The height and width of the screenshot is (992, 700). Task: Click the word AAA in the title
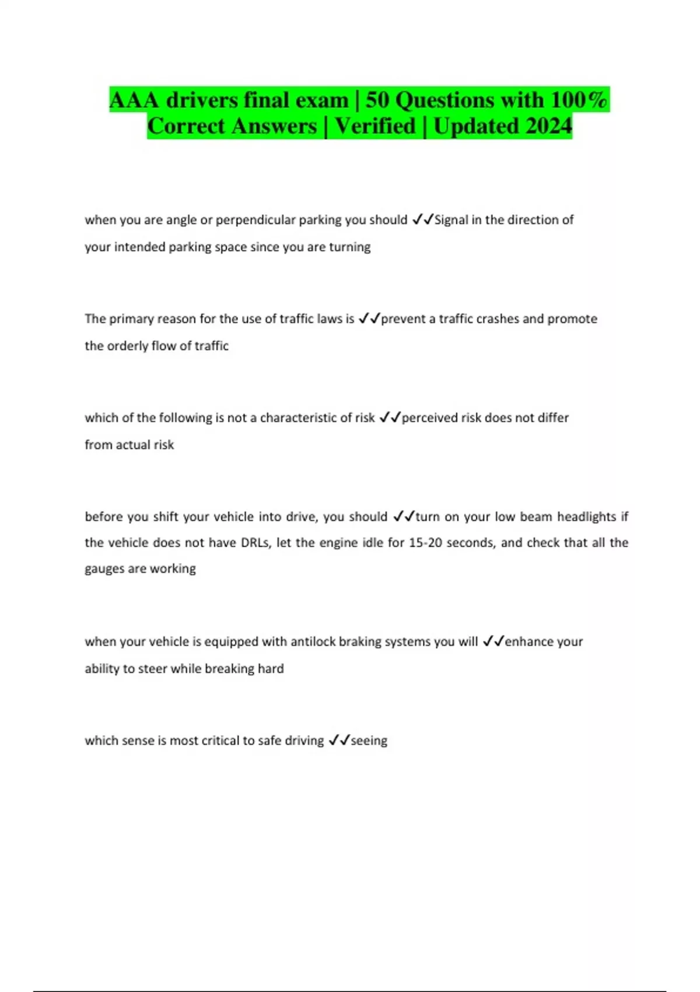click(134, 100)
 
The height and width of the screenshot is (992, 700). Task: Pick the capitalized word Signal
click(451, 220)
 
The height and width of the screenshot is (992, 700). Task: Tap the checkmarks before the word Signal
click(422, 220)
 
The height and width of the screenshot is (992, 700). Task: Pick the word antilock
click(313, 642)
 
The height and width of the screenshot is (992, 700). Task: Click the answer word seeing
click(369, 741)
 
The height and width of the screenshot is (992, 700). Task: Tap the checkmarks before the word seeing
click(339, 740)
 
